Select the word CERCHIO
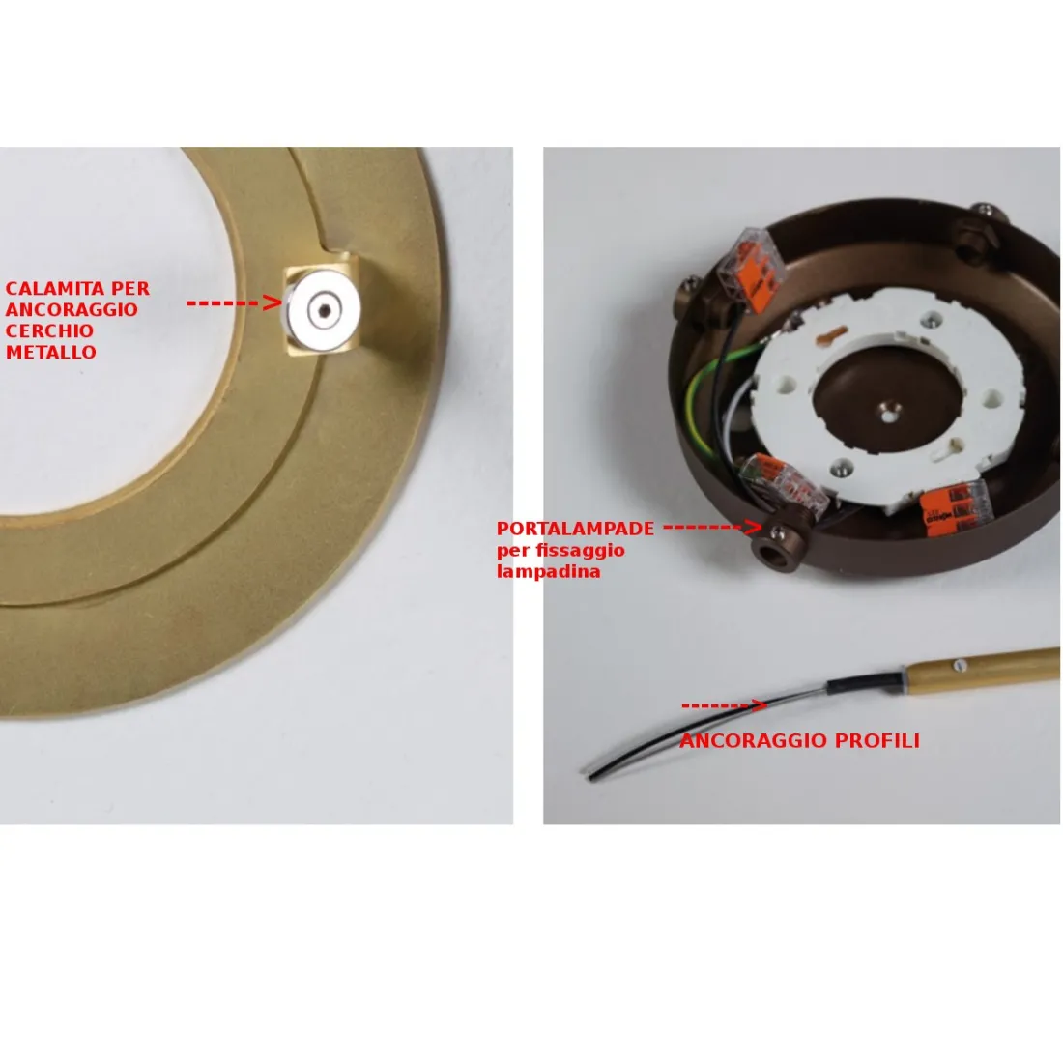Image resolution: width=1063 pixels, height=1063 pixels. click(x=49, y=330)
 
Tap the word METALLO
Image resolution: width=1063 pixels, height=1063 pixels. click(x=51, y=353)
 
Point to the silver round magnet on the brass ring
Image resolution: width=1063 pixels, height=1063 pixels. click(x=323, y=310)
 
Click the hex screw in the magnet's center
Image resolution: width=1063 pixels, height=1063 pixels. click(x=325, y=310)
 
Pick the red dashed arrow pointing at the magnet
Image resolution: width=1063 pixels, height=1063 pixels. click(x=235, y=302)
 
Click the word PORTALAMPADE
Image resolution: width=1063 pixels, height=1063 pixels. click(x=576, y=529)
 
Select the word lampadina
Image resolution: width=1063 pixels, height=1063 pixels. click(x=549, y=571)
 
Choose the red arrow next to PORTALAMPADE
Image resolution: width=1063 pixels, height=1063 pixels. click(x=713, y=527)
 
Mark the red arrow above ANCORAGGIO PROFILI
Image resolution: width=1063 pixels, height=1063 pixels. click(x=724, y=705)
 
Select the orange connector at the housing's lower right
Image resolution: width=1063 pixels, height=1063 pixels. click(x=956, y=508)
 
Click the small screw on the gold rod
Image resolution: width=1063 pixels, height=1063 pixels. click(x=958, y=666)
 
